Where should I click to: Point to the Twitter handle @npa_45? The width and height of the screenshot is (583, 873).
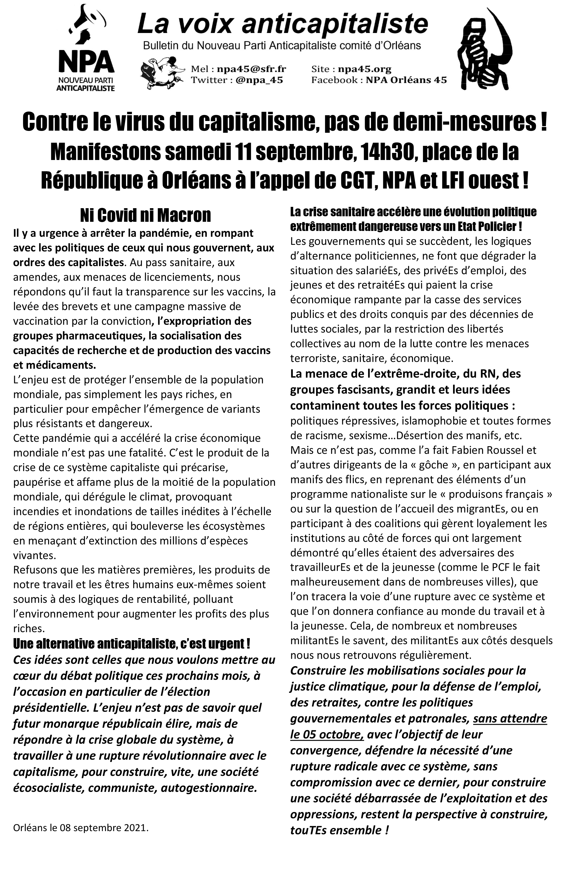(259, 80)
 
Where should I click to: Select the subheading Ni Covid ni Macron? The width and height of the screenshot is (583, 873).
(145, 215)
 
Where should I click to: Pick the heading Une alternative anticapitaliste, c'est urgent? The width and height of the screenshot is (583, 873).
(131, 643)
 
